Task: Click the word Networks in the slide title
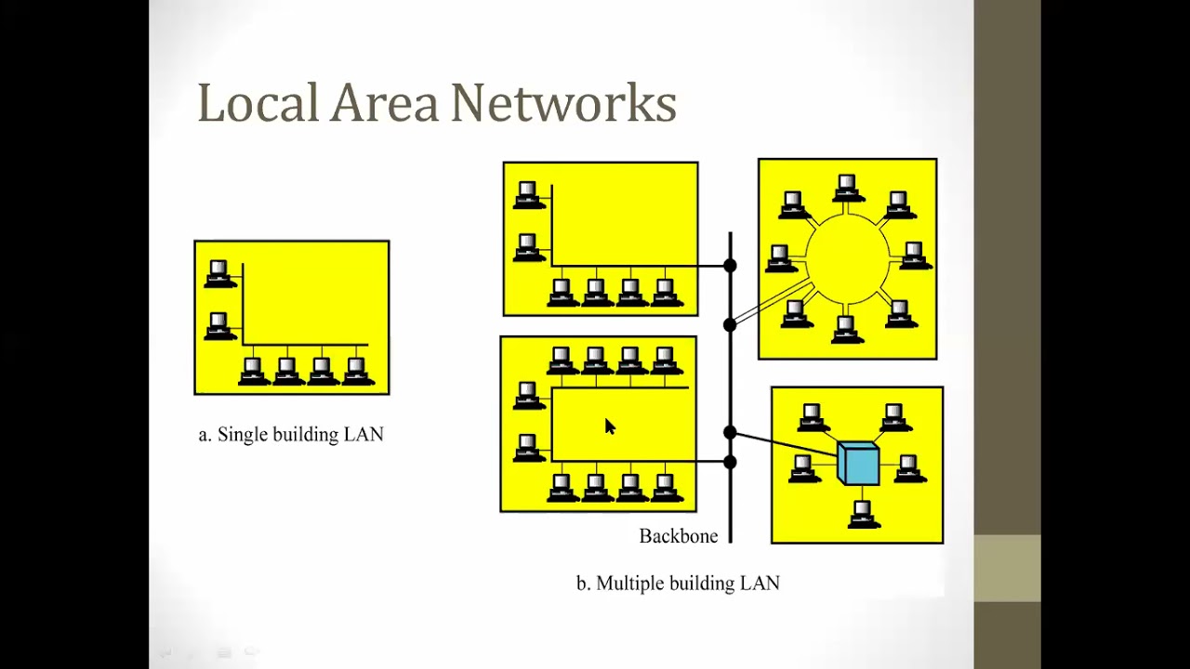[x=563, y=103]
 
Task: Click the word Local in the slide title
[x=258, y=103]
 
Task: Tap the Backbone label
[x=678, y=536]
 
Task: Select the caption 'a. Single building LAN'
[x=291, y=435]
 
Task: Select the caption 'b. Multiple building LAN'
[x=678, y=584]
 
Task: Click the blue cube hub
[x=858, y=463]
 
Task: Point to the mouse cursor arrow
[x=610, y=426]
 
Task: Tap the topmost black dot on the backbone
[x=730, y=266]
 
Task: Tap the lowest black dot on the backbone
[x=730, y=462]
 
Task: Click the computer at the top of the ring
[x=846, y=188]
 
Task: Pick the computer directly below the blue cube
[x=862, y=513]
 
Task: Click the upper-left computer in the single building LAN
[x=218, y=274]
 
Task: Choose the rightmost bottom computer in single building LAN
[x=356, y=371]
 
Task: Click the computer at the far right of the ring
[x=914, y=255]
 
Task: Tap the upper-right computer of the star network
[x=894, y=417]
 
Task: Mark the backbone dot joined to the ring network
[x=730, y=324]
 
